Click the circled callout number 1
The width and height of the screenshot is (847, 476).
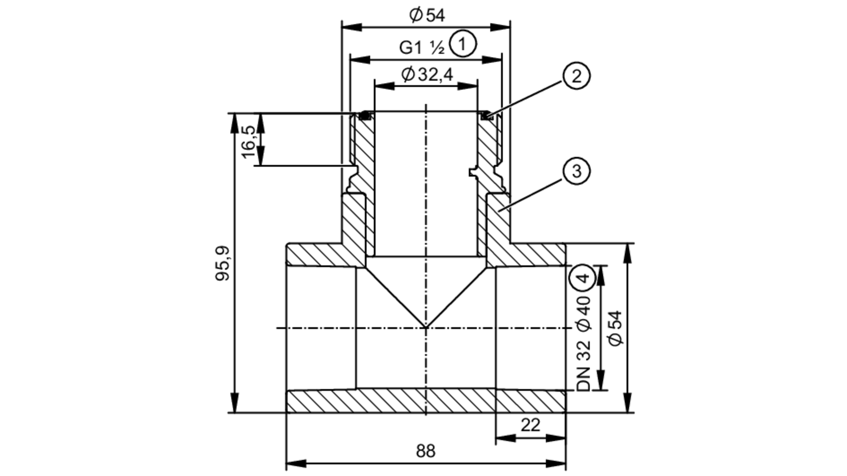click(x=462, y=44)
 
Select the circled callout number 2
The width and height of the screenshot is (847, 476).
click(x=576, y=76)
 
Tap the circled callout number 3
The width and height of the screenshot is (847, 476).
click(x=576, y=171)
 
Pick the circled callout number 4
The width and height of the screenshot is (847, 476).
click(x=583, y=278)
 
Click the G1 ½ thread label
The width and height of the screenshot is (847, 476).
click(x=422, y=47)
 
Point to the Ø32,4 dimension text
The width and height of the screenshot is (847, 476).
click(x=427, y=75)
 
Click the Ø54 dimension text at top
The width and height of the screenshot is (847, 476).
click(x=427, y=16)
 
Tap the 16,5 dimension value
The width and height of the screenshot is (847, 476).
click(x=249, y=141)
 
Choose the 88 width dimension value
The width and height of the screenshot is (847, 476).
click(x=425, y=451)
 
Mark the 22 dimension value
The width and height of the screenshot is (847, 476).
click(x=530, y=425)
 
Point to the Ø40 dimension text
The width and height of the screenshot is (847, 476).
click(x=583, y=313)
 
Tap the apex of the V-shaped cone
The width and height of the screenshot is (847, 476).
click(x=426, y=327)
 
